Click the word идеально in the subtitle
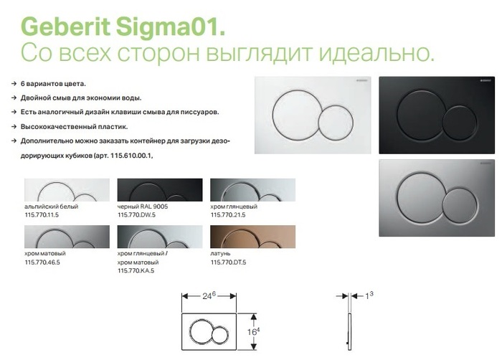pyautogui.click(x=376, y=53)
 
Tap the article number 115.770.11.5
pyautogui.click(x=42, y=215)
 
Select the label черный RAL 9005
pyautogui.click(x=143, y=207)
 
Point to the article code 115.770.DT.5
pyautogui.click(x=228, y=262)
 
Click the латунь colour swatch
pyautogui.click(x=253, y=237)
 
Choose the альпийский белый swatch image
pyautogui.click(x=67, y=190)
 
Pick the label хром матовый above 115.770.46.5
pyautogui.click(x=45, y=253)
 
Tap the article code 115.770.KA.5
pyautogui.click(x=136, y=271)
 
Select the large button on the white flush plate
pyautogui.click(x=296, y=115)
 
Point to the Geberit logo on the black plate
pyautogui.click(x=486, y=80)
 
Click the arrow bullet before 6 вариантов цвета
pyautogui.click(x=14, y=84)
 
